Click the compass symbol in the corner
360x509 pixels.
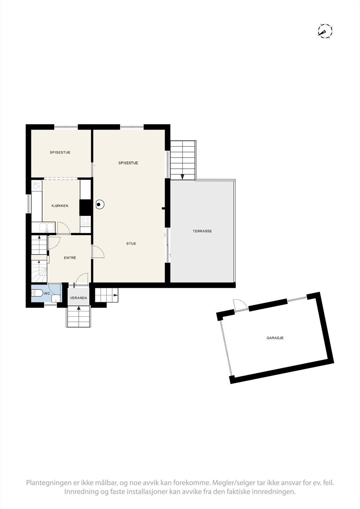coord(325,31)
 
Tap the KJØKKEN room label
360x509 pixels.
coord(60,206)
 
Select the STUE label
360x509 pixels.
coord(131,244)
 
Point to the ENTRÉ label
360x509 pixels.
coord(70,258)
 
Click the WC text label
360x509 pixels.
coord(47,293)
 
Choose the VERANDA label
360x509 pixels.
coord(79,298)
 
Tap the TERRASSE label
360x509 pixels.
coord(202,231)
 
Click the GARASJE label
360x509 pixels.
coord(275,338)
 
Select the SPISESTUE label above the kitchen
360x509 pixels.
coord(60,152)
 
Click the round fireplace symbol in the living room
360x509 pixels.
coord(99,205)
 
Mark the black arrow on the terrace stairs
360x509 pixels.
coord(182,177)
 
